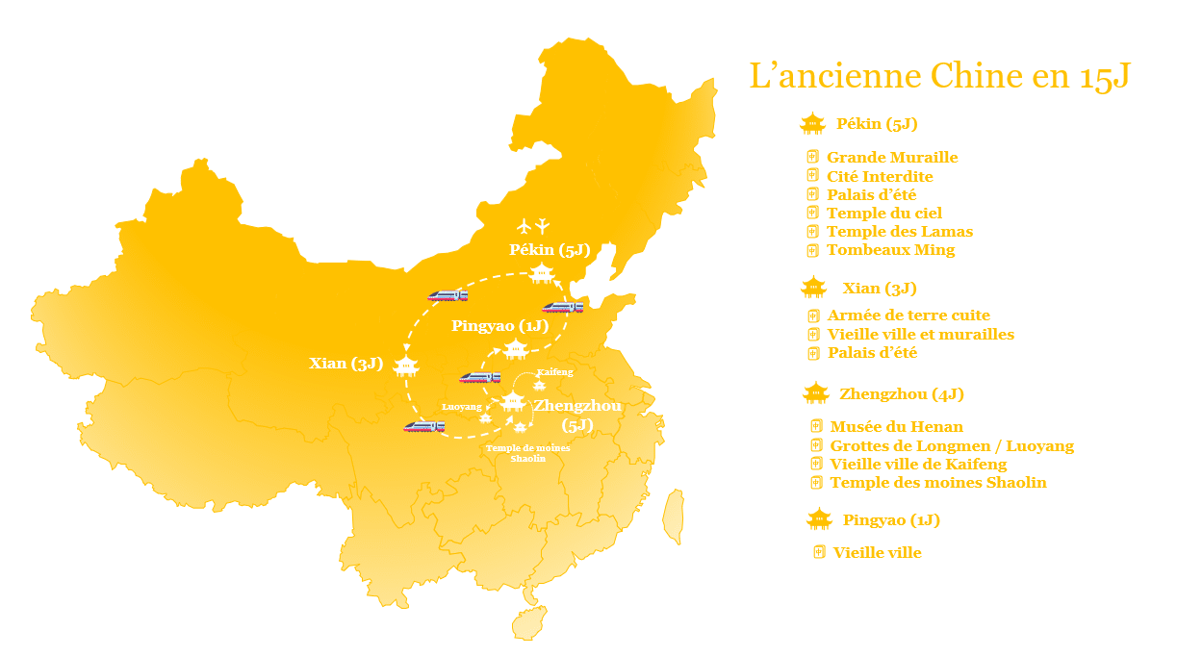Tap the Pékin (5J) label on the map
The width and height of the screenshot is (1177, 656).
click(549, 250)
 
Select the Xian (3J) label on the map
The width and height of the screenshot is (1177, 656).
click(346, 364)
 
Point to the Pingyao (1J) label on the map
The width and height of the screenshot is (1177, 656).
click(499, 326)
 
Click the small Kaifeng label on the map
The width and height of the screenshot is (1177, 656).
click(554, 371)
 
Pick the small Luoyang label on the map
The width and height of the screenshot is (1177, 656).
click(461, 407)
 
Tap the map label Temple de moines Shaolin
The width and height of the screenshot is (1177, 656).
click(528, 453)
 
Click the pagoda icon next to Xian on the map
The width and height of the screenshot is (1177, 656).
click(406, 366)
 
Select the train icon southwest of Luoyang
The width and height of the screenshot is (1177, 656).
click(423, 425)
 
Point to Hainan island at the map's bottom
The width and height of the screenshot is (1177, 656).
click(528, 622)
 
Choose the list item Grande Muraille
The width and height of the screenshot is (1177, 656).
click(892, 158)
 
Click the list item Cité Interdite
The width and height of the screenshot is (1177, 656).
click(880, 177)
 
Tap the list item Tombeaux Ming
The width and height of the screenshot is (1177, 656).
click(890, 250)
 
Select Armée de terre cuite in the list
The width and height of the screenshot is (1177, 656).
click(908, 315)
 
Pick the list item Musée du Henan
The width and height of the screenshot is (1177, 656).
click(896, 427)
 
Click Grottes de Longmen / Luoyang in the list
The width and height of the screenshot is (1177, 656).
click(952, 446)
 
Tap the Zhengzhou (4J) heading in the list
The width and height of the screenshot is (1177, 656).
click(902, 394)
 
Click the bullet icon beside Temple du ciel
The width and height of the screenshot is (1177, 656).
click(812, 213)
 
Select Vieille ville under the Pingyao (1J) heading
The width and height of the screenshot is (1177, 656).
click(877, 553)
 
